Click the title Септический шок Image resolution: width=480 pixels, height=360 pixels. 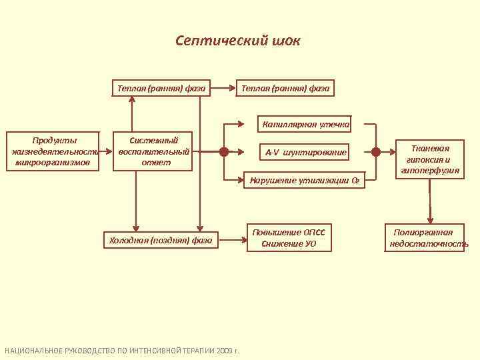pos(238,41)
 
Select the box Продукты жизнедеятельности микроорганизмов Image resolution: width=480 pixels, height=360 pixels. pos(55,152)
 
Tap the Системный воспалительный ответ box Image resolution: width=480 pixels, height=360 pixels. pos(154,152)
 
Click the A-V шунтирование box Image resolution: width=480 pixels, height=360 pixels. pos(306,153)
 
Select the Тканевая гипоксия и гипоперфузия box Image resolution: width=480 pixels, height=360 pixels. pos(430,159)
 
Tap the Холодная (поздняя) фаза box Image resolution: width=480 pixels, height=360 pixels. pos(161,240)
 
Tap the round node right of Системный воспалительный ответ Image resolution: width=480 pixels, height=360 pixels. pos(224,152)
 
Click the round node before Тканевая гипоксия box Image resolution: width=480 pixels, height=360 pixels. pos(376,152)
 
